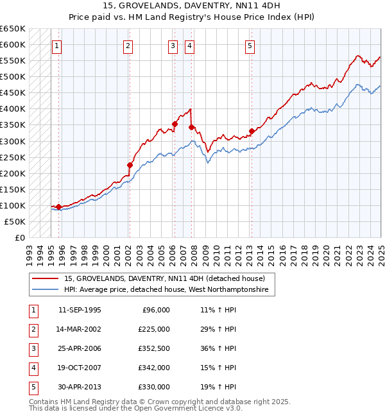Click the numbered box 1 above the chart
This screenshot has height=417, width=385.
click(57, 46)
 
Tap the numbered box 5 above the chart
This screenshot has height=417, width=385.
click(249, 46)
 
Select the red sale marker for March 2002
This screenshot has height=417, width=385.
click(130, 165)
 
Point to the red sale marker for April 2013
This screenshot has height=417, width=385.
click(252, 131)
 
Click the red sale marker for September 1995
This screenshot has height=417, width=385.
click(58, 207)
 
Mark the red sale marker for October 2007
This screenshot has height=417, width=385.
click(191, 127)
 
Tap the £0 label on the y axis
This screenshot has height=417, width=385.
click(19, 237)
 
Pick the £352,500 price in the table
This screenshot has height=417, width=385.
click(154, 348)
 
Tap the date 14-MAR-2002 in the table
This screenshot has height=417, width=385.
click(80, 329)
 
